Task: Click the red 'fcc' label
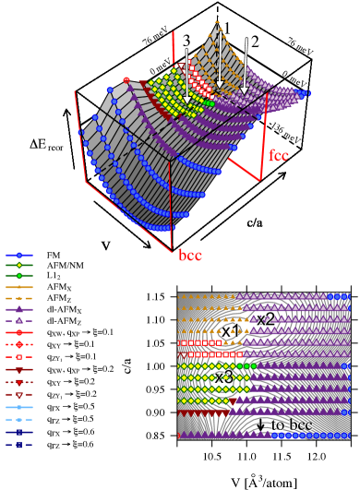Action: [x=279, y=155]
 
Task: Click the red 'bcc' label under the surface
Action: [x=190, y=256]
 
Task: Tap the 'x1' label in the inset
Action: [x=230, y=330]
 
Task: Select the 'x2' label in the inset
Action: [x=265, y=319]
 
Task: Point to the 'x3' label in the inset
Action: [x=223, y=376]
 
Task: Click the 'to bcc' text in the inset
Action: [x=291, y=424]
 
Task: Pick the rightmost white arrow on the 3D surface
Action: [x=245, y=65]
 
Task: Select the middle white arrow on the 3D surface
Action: [x=220, y=60]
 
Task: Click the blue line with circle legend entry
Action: [x=18, y=255]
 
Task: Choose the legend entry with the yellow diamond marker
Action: [x=18, y=265]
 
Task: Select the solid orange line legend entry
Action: [x=18, y=287]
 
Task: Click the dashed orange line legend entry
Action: [x=18, y=298]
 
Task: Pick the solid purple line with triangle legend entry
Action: [x=18, y=309]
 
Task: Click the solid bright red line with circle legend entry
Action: [x=18, y=332]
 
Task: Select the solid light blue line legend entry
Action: [x=18, y=407]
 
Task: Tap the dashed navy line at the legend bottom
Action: [x=18, y=444]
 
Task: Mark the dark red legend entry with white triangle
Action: [x=18, y=394]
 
